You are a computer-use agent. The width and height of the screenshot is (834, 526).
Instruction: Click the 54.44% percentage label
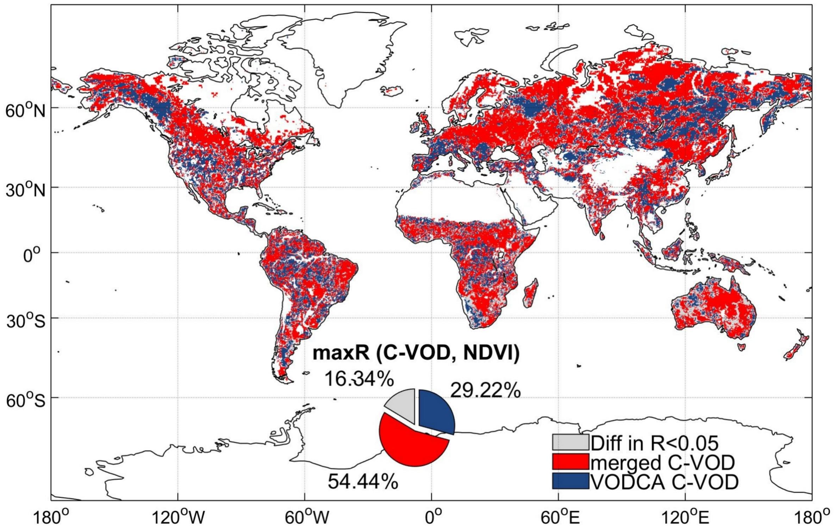pos(363,481)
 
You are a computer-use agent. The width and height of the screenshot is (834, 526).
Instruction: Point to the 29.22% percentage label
pos(485,390)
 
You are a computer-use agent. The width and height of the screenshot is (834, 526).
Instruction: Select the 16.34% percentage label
pos(359,379)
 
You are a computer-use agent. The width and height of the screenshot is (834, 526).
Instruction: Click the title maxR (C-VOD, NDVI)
pos(416,353)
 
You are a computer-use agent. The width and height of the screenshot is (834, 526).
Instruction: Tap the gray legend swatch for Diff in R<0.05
pos(570,442)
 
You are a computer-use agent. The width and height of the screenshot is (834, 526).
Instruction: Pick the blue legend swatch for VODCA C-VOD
pos(570,481)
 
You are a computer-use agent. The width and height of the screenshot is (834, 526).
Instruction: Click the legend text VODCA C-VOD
pos(664,482)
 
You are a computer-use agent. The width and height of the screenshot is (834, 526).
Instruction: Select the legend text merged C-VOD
pos(662,462)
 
